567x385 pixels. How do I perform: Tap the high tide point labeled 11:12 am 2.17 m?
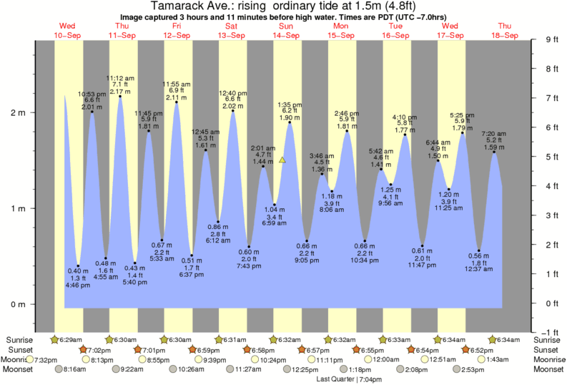[x=120, y=96]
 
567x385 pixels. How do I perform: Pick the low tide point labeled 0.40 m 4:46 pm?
[x=78, y=266]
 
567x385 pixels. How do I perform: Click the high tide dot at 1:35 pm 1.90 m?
[x=290, y=122]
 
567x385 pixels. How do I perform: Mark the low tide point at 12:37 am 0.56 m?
[x=479, y=250]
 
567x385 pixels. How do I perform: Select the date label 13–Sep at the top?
[x=231, y=35]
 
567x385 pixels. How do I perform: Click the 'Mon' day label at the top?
[x=340, y=26]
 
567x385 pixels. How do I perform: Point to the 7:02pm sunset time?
[x=99, y=349]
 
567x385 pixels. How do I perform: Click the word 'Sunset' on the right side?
[x=547, y=349]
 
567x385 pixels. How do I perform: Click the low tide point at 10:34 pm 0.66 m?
[x=365, y=241]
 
